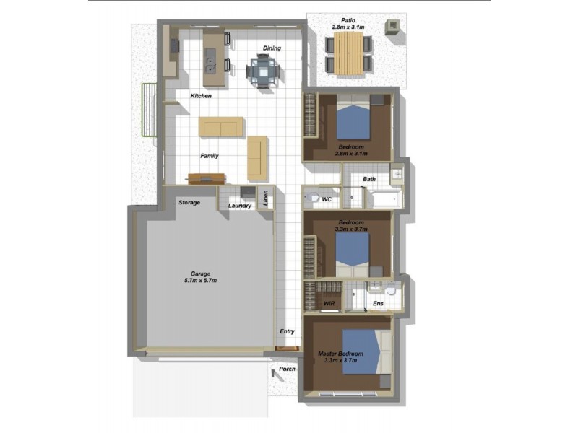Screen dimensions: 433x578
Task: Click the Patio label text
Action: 349,20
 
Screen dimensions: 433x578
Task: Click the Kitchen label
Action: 201,96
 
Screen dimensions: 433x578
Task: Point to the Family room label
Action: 210,156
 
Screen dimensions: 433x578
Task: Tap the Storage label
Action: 189,203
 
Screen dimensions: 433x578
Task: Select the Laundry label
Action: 240,206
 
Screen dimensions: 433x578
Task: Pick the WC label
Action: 327,198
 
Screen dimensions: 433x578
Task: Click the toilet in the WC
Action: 312,198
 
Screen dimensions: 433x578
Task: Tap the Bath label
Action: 369,179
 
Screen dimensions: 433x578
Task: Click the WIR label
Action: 329,304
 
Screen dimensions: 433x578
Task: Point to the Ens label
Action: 378,304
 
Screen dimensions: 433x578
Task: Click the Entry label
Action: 288,331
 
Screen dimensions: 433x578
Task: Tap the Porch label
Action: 288,369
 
